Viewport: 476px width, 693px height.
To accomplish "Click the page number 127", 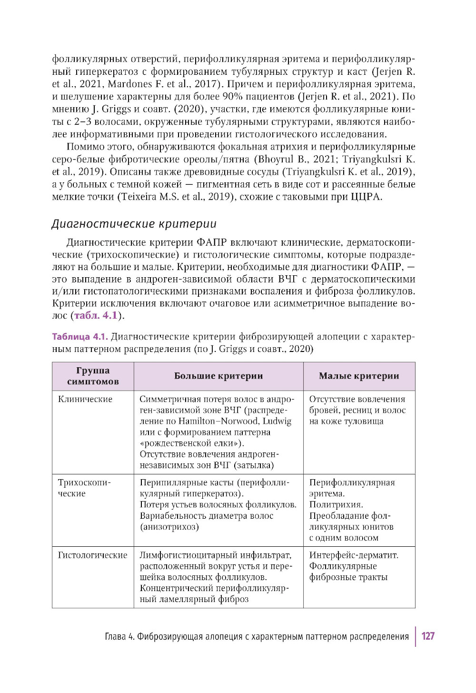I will (427, 636).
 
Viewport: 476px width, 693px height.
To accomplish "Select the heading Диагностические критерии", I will (134, 223).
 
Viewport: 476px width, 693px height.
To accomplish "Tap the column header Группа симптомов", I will (93, 376).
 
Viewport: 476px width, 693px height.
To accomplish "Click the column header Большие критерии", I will (218, 376).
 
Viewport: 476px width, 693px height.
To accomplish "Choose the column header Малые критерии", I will (359, 376).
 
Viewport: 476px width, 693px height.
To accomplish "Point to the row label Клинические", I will (85, 399).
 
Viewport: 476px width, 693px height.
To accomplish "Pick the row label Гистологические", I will (93, 555).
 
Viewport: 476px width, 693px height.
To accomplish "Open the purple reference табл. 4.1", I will (95, 315).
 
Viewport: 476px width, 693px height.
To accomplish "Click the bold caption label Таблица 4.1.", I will (80, 337).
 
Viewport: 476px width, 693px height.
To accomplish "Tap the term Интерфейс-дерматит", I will (354, 555).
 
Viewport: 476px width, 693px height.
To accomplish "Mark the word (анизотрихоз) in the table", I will (169, 527).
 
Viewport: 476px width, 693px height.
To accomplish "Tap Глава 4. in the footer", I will (119, 637).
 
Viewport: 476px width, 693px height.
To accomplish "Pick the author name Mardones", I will (127, 84).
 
